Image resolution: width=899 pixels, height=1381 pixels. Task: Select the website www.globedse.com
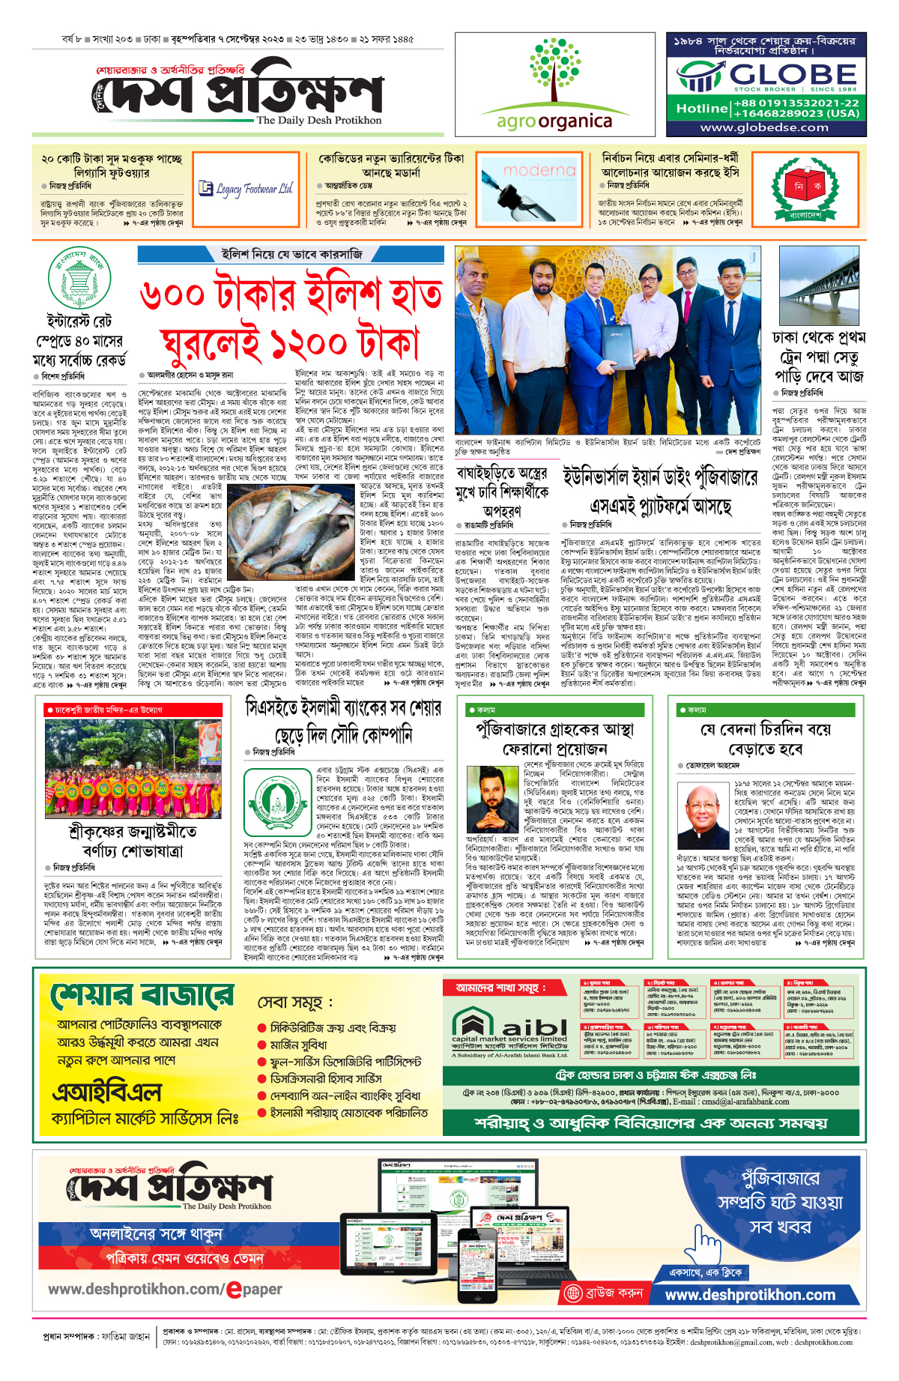click(x=764, y=127)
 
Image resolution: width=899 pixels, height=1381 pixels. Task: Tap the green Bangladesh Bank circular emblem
click(x=79, y=277)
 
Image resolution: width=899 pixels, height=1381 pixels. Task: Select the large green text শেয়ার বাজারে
click(x=142, y=997)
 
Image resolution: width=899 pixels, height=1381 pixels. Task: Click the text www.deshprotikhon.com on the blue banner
click(x=750, y=1295)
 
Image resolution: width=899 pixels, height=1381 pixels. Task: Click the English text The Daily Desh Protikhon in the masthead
click(x=319, y=121)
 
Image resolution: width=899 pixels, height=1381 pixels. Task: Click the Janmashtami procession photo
click(x=133, y=768)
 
